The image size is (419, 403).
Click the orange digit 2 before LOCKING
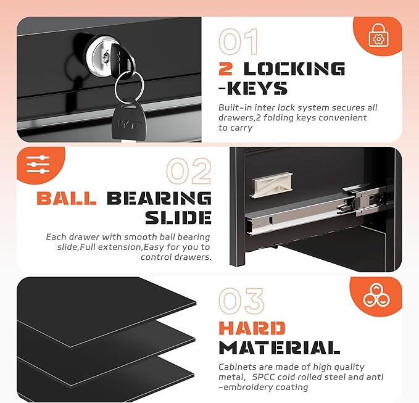(226, 69)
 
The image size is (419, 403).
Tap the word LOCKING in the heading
(294, 69)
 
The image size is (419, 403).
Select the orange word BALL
(67, 198)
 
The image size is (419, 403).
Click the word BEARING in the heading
(159, 198)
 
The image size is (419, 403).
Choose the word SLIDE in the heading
(178, 217)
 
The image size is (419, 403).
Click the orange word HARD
(252, 328)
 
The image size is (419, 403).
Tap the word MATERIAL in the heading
(279, 347)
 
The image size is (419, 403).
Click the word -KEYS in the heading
(253, 88)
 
